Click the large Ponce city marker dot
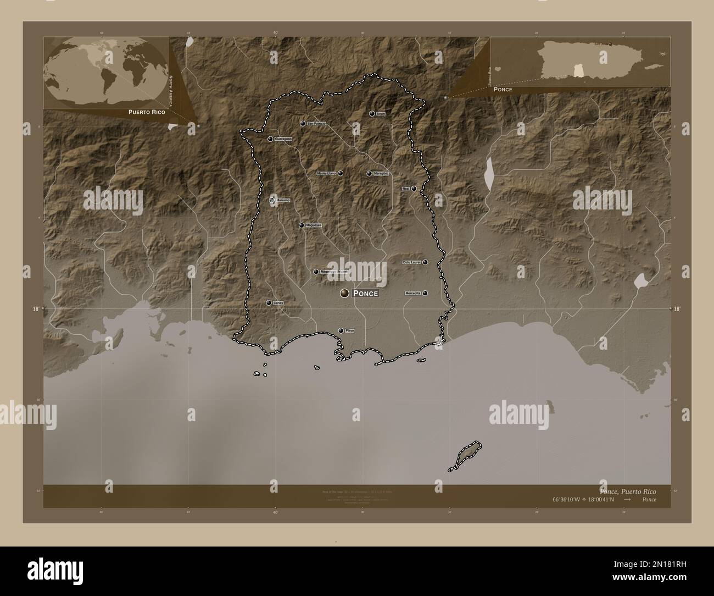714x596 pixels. pos(344,293)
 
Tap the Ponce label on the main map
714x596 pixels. pos(365,294)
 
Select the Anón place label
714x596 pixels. pos(381,114)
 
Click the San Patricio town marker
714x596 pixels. pos(303,124)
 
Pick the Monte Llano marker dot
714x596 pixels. pos(341,173)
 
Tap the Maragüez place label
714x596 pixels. pos(381,174)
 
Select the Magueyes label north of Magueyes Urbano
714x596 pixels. pos(314,225)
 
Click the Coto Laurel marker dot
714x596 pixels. pos(425,262)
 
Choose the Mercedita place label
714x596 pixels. pos(412,294)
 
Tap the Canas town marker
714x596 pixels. pos(269,303)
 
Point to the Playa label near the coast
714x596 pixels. pos(350,330)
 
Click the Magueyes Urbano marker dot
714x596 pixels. pos(316,272)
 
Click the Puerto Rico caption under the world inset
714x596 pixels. pos(147,112)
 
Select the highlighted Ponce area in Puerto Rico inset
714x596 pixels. pos(578,70)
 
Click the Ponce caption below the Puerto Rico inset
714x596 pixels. pos(503,89)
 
